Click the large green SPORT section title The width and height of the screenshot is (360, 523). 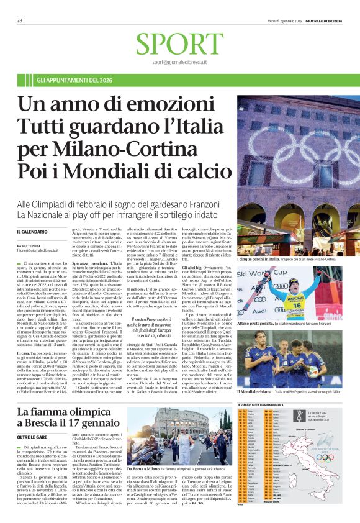pos(179,44)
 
